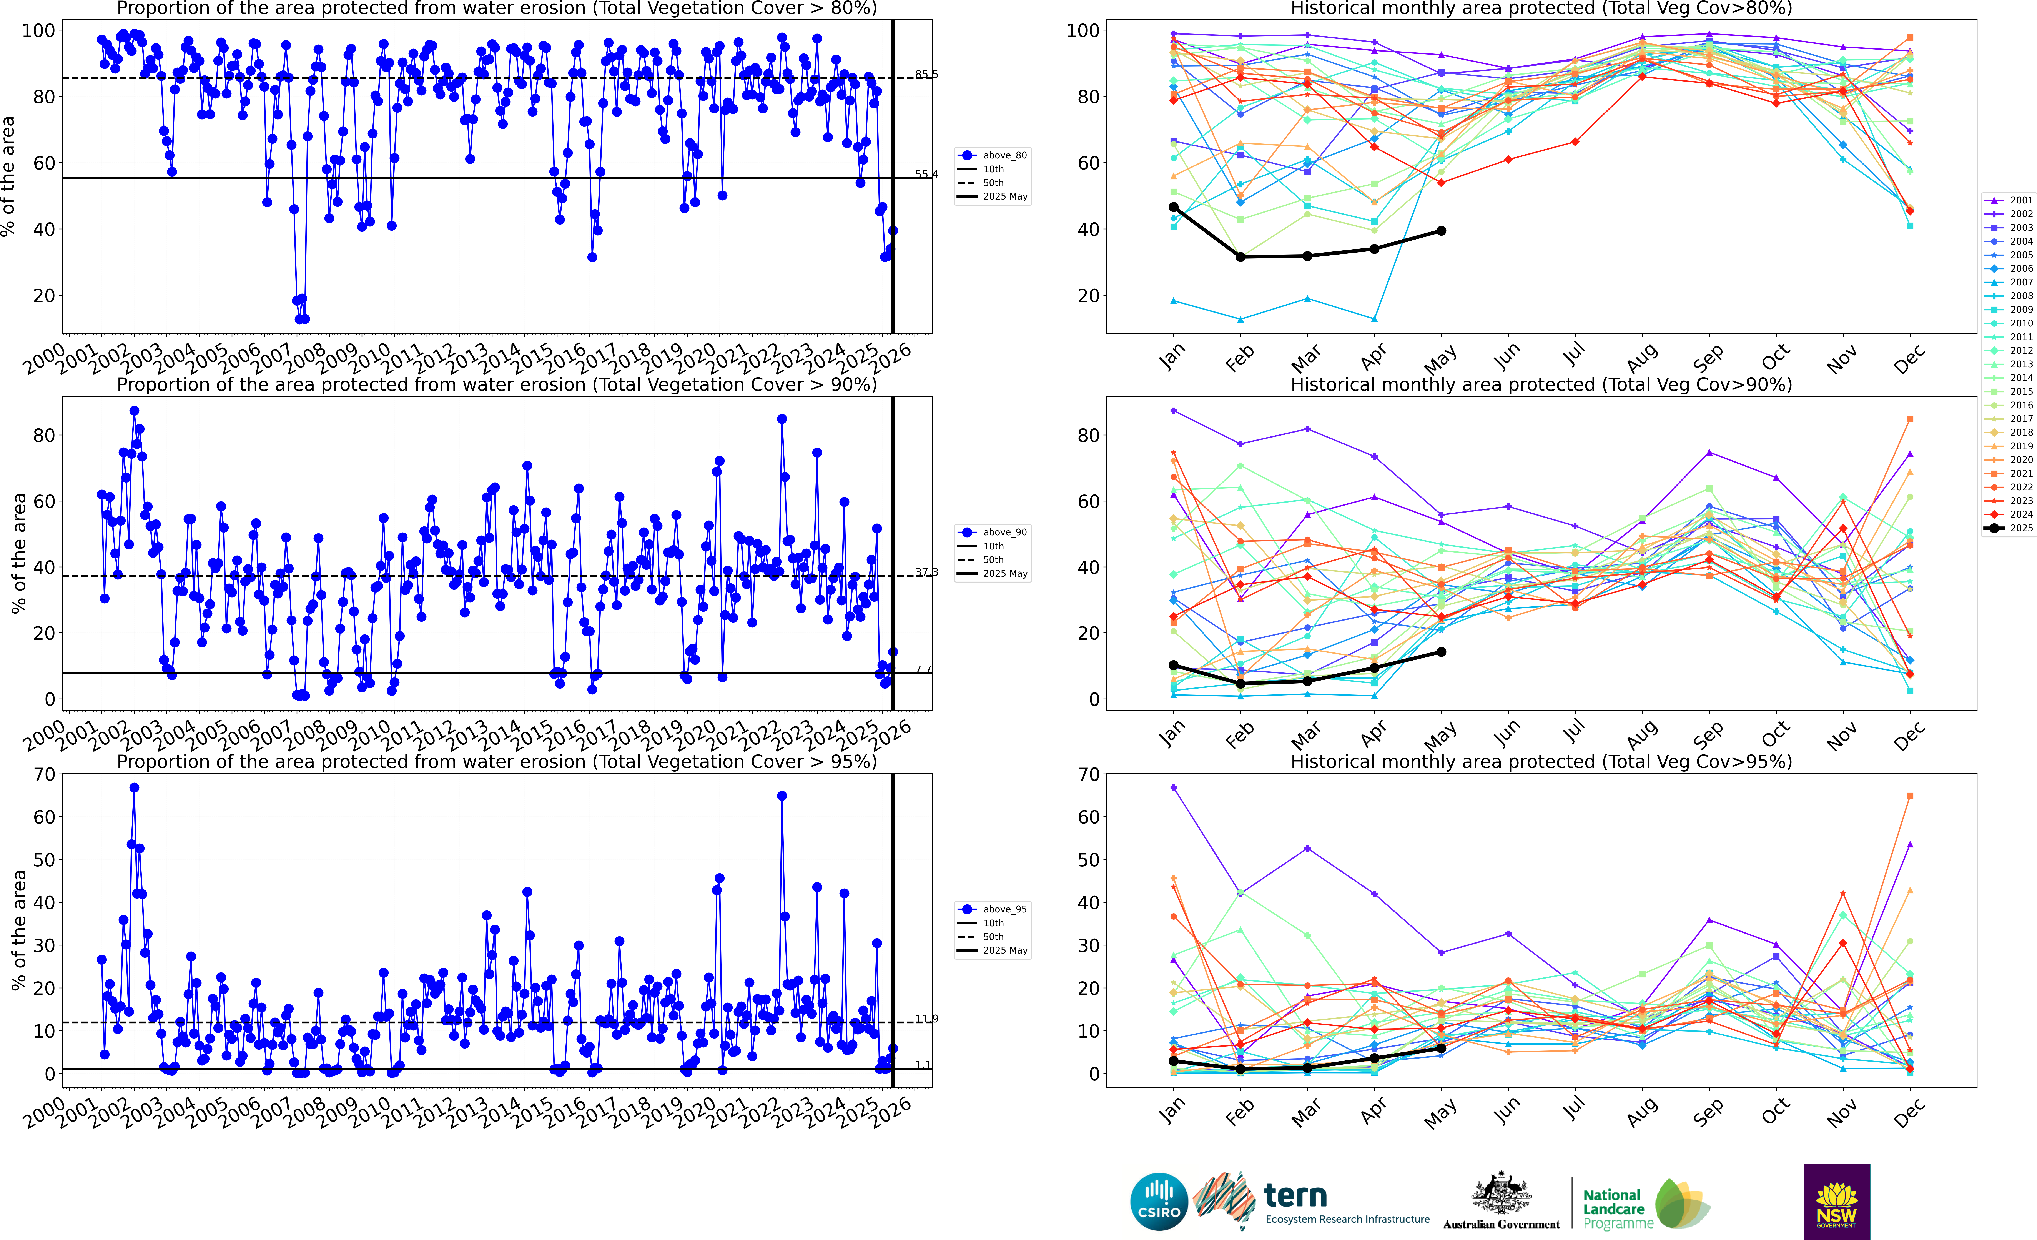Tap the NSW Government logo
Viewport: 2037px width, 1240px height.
click(x=1836, y=1201)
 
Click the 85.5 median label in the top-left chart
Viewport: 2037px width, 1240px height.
click(x=926, y=74)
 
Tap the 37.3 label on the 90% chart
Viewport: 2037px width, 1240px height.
click(x=926, y=572)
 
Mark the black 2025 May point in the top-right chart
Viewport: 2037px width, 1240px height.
click(x=1441, y=231)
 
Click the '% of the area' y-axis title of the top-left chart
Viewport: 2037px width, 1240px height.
click(x=8, y=176)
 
